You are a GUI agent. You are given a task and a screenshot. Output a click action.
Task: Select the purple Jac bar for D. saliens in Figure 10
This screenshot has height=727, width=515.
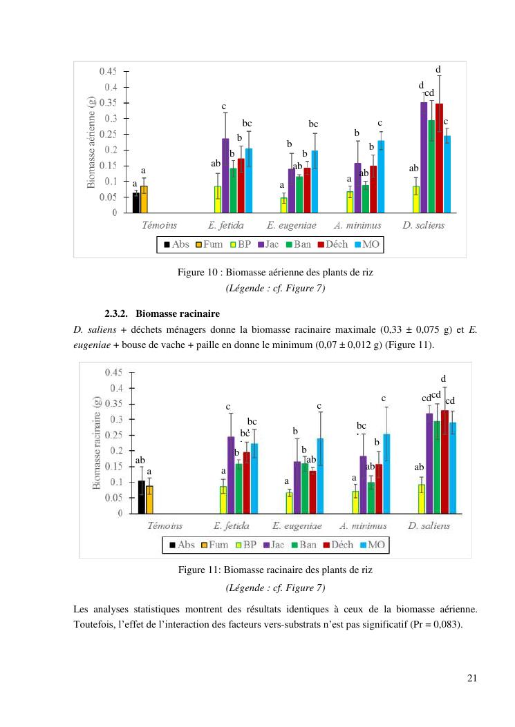pyautogui.click(x=424, y=159)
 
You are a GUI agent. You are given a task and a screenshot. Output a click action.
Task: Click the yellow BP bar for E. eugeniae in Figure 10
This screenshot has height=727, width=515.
pyautogui.click(x=283, y=205)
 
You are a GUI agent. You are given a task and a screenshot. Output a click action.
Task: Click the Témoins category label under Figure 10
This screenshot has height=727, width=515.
pyautogui.click(x=159, y=225)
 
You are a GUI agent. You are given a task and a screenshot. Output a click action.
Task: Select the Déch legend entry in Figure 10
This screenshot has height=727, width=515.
pyautogui.click(x=337, y=244)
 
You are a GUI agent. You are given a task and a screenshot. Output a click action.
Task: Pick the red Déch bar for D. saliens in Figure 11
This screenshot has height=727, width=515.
pyautogui.click(x=444, y=462)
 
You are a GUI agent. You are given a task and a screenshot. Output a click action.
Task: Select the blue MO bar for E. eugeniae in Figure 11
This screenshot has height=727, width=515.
pyautogui.click(x=320, y=476)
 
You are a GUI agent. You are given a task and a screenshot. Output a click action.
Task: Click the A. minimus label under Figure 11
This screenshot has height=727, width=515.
pyautogui.click(x=360, y=525)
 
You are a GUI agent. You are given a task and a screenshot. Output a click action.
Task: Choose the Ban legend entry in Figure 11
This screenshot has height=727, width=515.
pyautogui.click(x=303, y=544)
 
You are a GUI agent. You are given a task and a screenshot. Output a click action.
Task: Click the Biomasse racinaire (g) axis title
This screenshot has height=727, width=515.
pyautogui.click(x=97, y=443)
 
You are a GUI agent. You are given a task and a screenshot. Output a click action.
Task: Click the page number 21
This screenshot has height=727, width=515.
pyautogui.click(x=471, y=678)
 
